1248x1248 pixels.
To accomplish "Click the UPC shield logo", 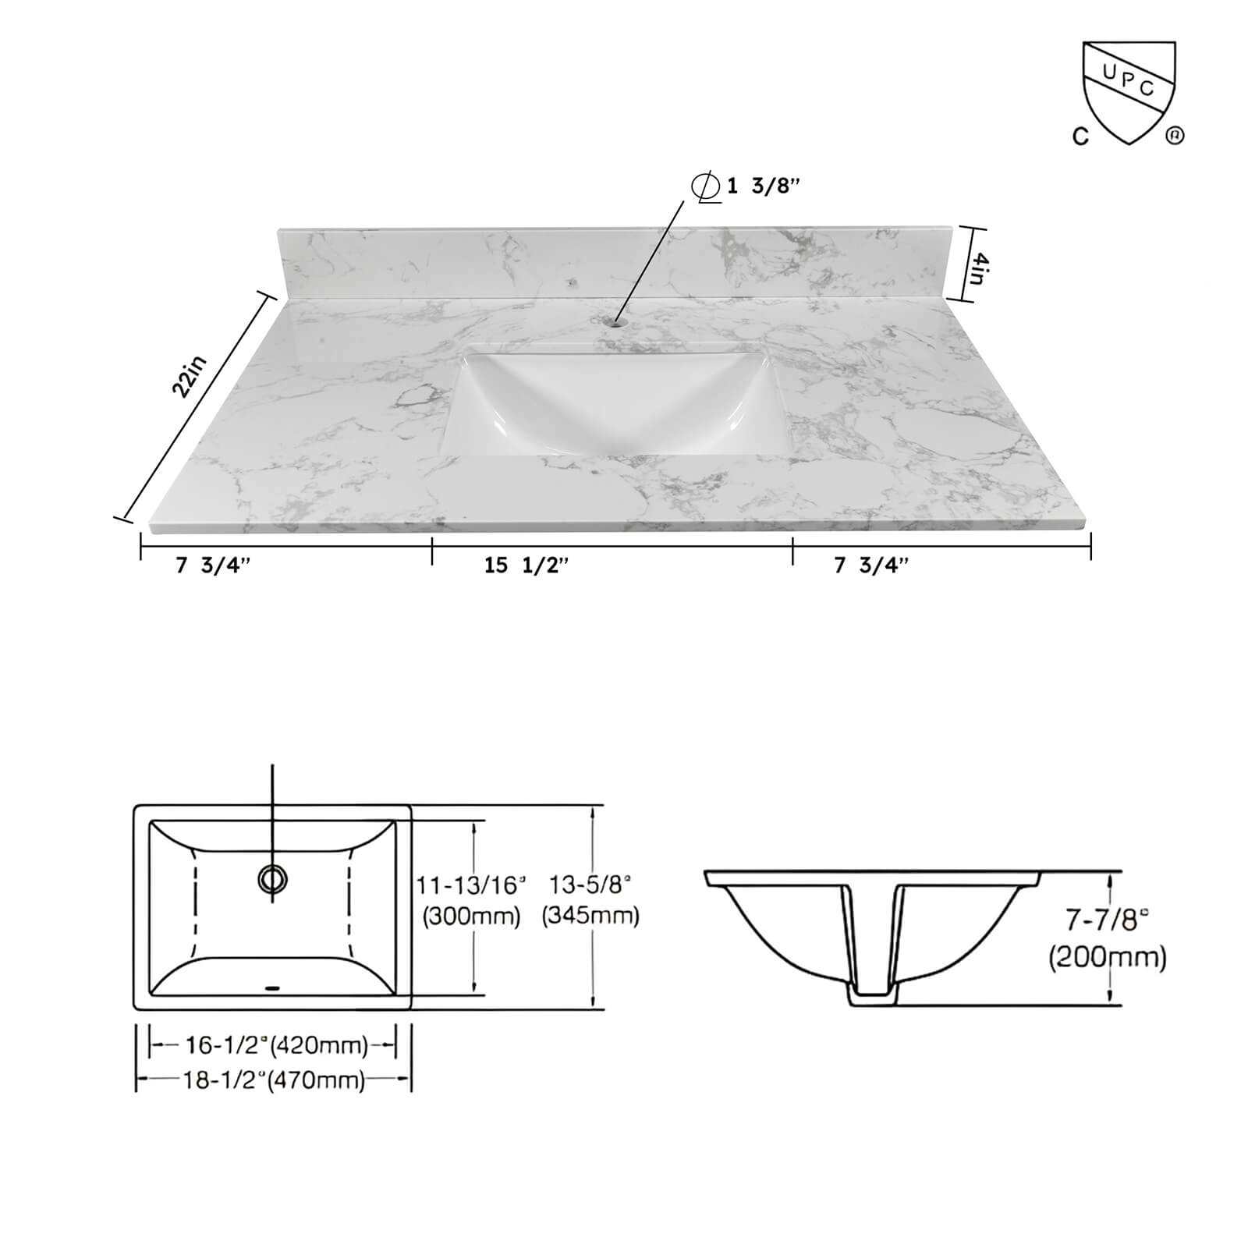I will [x=1128, y=90].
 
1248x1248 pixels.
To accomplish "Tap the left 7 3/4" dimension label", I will [x=213, y=565].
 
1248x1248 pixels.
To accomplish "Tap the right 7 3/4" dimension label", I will [x=870, y=565].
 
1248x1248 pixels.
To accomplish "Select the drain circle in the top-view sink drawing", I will [x=272, y=879].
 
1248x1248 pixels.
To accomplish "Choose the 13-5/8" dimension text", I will [x=590, y=885].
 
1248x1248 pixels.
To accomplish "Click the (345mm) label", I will [x=590, y=916].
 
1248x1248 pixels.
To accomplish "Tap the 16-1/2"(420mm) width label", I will [x=275, y=1044].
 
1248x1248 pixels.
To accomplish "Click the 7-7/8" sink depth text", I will [x=1107, y=921].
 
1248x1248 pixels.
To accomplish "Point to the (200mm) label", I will [x=1107, y=956].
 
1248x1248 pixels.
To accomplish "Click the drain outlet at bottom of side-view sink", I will [x=873, y=999].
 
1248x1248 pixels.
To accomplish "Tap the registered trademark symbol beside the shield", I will [x=1175, y=136].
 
